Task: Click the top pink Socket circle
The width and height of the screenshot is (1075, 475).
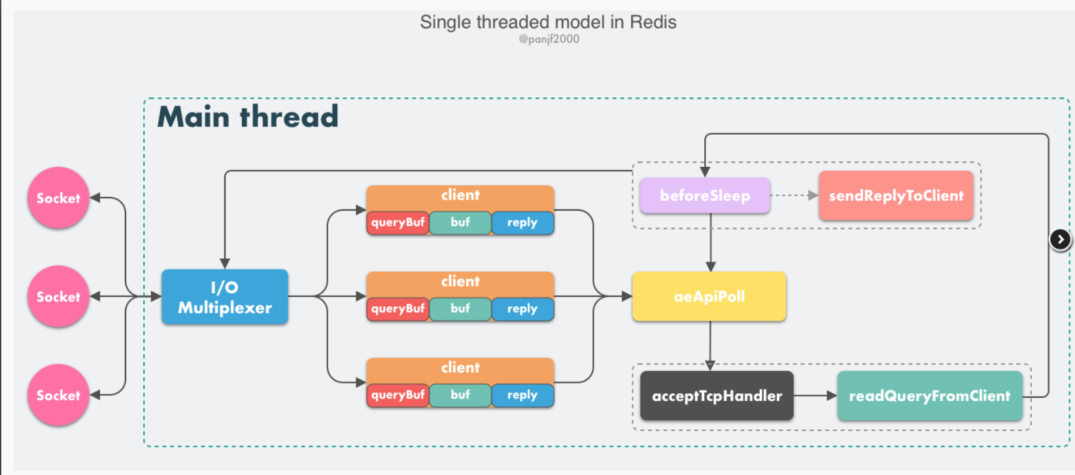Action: click(58, 198)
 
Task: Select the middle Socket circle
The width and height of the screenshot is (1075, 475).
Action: click(58, 296)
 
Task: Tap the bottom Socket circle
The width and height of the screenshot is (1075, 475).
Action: click(58, 395)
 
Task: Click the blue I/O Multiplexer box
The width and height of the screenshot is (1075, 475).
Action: click(224, 297)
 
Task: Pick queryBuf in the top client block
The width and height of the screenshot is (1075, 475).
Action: click(398, 222)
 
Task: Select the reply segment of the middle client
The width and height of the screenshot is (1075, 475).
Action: click(522, 309)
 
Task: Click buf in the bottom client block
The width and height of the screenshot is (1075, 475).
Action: click(460, 395)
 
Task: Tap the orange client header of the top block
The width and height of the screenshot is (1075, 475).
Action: click(460, 196)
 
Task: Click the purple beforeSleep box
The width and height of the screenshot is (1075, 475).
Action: click(705, 196)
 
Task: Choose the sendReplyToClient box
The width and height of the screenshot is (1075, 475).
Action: click(896, 196)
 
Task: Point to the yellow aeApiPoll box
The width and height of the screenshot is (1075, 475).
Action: click(709, 296)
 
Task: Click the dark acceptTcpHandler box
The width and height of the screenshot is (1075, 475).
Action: click(717, 396)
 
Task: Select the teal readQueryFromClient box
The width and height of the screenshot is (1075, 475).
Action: click(929, 396)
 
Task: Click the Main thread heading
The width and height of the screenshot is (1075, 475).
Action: click(248, 116)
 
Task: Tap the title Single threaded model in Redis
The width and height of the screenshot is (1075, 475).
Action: click(548, 22)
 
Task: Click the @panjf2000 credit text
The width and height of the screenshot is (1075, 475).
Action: click(549, 39)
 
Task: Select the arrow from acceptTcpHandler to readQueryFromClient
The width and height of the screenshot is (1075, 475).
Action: click(815, 396)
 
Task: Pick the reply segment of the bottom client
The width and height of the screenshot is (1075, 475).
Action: click(522, 395)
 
